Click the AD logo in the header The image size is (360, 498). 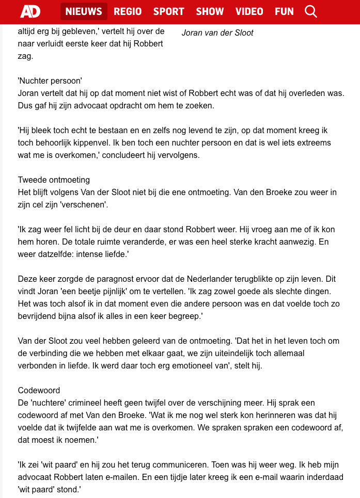pyautogui.click(x=30, y=11)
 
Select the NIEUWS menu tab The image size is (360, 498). pyautogui.click(x=84, y=11)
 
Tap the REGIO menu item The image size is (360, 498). pyautogui.click(x=128, y=11)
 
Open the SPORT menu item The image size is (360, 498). pyautogui.click(x=168, y=11)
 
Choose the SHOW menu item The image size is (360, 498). pyautogui.click(x=210, y=11)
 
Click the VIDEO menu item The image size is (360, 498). pyautogui.click(x=249, y=11)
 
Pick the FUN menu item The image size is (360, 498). pyautogui.click(x=284, y=11)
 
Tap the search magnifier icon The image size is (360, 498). pyautogui.click(x=311, y=11)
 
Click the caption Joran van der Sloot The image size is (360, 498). pyautogui.click(x=217, y=33)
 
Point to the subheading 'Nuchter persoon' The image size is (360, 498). pyautogui.click(x=50, y=81)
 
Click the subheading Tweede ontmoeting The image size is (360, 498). pyautogui.click(x=54, y=180)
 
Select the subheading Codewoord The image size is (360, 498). pyautogui.click(x=39, y=390)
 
